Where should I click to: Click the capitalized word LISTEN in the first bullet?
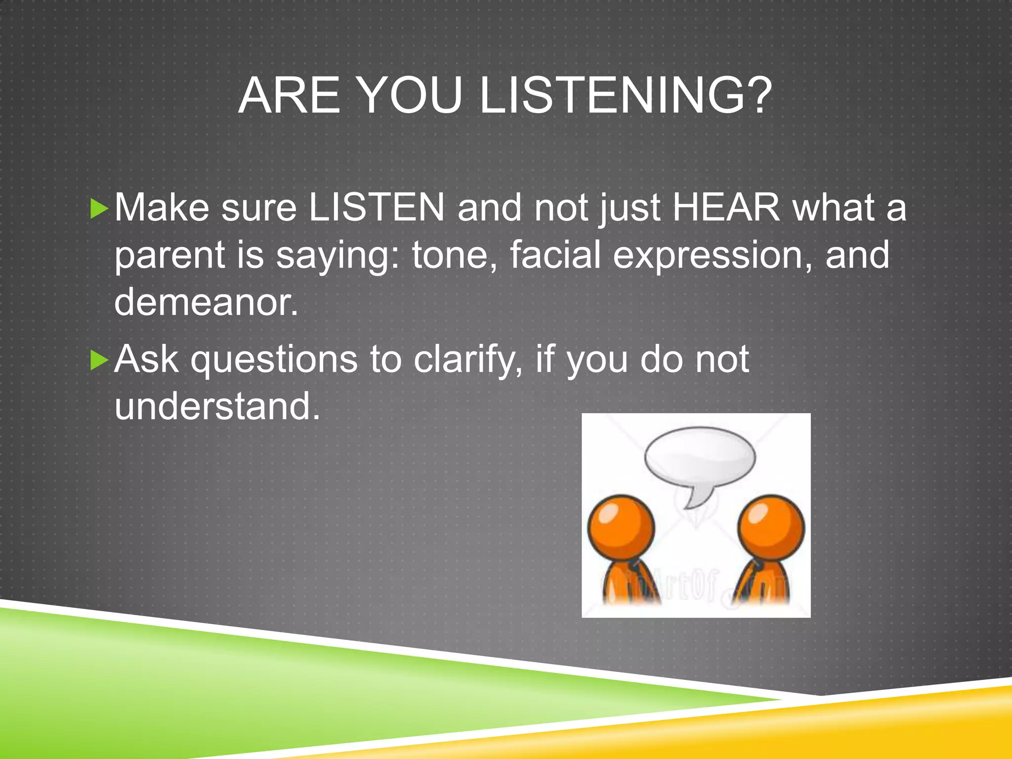[377, 208]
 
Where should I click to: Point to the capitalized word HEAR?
[726, 208]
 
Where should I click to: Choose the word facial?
[555, 254]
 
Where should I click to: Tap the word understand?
[217, 406]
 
